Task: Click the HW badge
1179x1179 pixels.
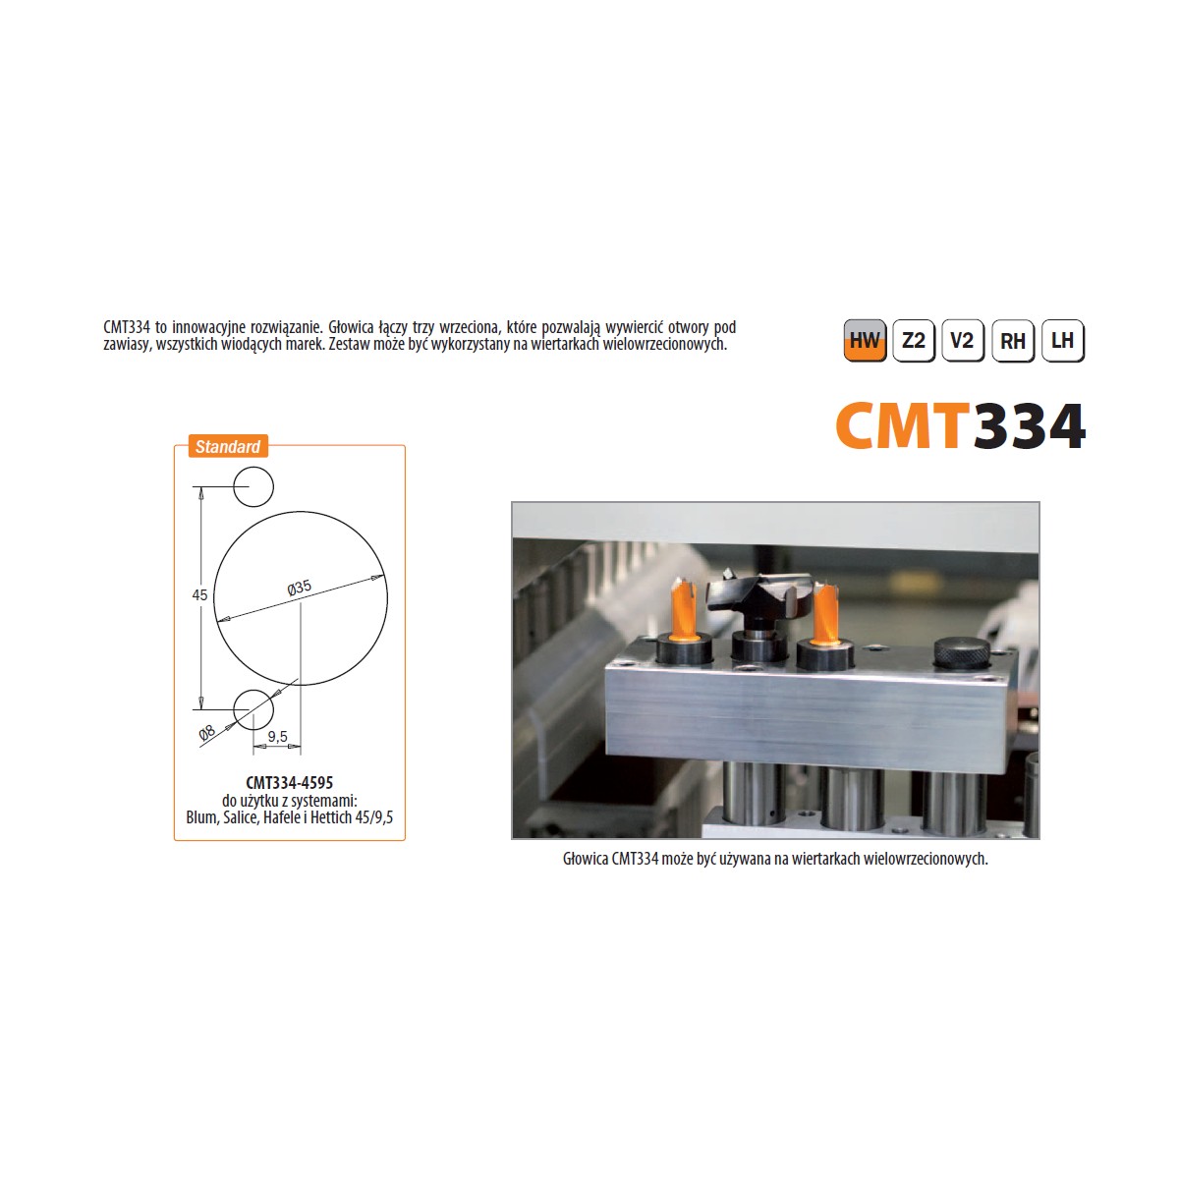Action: pyautogui.click(x=865, y=340)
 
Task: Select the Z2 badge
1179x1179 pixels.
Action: pyautogui.click(x=914, y=340)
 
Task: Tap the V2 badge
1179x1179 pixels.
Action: pyautogui.click(x=963, y=340)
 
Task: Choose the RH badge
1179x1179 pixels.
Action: pyautogui.click(x=1013, y=340)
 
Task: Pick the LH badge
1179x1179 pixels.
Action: pyautogui.click(x=1063, y=340)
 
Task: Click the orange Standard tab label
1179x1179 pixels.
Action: pyautogui.click(x=228, y=447)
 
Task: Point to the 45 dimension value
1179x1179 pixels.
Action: pyautogui.click(x=199, y=594)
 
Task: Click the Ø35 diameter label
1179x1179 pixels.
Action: pyautogui.click(x=300, y=588)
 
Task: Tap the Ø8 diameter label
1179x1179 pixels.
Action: pyautogui.click(x=207, y=732)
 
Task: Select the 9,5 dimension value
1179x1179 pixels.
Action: pyautogui.click(x=277, y=737)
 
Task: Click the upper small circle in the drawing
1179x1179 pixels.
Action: pyautogui.click(x=253, y=487)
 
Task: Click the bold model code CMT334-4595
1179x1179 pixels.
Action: pyautogui.click(x=290, y=782)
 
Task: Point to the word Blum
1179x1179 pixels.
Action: pyautogui.click(x=201, y=817)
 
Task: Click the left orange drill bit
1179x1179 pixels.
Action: pyautogui.click(x=683, y=608)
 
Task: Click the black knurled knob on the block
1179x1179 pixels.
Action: pyautogui.click(x=961, y=652)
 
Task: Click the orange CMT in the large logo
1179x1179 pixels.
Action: pyautogui.click(x=904, y=425)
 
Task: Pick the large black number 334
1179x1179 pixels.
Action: pyautogui.click(x=1029, y=425)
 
